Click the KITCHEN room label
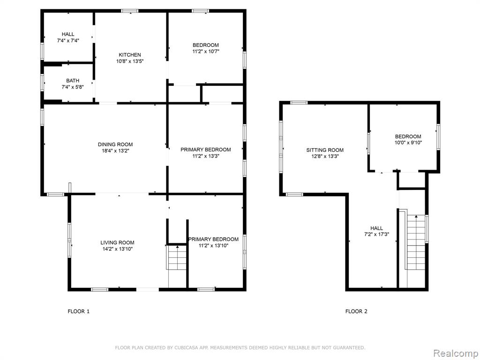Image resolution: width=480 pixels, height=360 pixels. point(130,55)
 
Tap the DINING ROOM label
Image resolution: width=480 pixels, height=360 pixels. point(115,144)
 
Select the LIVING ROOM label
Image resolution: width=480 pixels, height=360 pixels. point(117,243)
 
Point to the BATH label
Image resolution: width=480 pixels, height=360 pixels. point(73,81)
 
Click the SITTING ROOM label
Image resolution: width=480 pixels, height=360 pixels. point(325,150)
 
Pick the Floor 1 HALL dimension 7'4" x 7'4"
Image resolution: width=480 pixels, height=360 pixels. point(68,40)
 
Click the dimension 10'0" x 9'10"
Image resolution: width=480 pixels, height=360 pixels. point(408,142)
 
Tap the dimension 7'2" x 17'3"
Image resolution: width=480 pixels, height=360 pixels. point(376,234)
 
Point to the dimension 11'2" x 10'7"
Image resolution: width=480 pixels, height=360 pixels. point(206,52)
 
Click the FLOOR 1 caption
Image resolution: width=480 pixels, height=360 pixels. point(78,311)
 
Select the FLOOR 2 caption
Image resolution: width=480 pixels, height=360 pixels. point(356,311)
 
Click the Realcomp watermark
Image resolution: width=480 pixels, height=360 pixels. point(455,353)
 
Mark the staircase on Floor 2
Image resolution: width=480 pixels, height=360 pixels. point(416,251)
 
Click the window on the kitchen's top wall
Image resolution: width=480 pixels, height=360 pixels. point(129,11)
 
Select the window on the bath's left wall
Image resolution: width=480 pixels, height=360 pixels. point(42,82)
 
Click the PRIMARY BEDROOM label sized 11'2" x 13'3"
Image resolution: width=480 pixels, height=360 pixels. point(205,150)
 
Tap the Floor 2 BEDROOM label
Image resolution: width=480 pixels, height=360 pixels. point(408,136)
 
